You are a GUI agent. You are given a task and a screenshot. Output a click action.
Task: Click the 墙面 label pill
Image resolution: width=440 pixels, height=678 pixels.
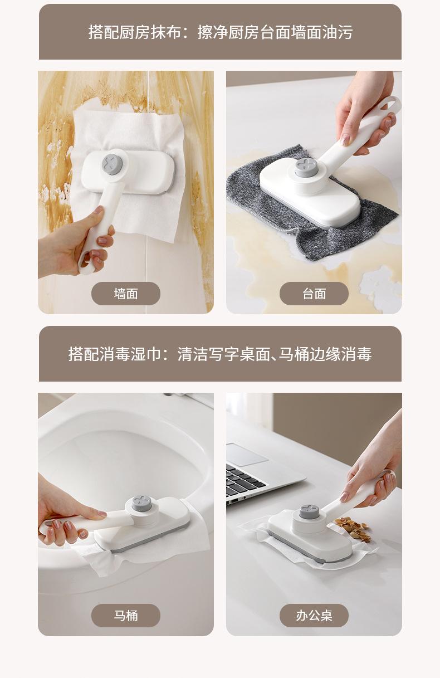(125, 293)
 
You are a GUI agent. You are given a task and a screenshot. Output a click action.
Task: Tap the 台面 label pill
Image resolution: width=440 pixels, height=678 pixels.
(314, 293)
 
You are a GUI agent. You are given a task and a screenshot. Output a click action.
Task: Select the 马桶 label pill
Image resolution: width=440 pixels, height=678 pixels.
(125, 616)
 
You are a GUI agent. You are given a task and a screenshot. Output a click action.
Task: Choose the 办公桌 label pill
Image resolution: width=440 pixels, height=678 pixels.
(314, 616)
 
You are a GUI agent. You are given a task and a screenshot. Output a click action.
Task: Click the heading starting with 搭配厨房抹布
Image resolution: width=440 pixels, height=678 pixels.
(221, 32)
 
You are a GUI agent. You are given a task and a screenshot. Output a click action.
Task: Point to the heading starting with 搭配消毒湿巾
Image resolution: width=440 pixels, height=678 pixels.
(220, 354)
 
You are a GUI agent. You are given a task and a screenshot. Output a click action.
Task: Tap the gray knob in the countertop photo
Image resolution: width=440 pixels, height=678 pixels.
(306, 167)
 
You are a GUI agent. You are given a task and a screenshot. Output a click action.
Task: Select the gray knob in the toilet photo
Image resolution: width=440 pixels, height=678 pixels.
(141, 503)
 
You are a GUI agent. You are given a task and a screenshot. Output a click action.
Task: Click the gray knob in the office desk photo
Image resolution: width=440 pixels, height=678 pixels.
(310, 511)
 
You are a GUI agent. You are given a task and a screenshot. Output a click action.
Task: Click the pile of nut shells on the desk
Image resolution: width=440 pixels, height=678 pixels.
(353, 528)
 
